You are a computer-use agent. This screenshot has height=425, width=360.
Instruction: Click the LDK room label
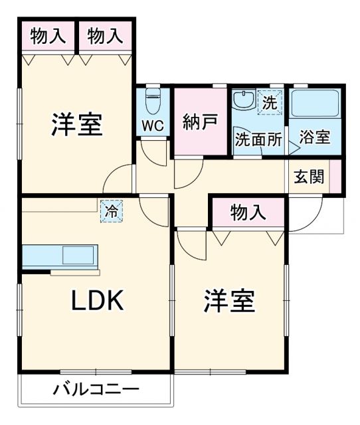(97, 302)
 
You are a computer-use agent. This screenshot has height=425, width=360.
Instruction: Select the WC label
(152, 126)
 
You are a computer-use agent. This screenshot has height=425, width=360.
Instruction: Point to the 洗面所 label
(258, 140)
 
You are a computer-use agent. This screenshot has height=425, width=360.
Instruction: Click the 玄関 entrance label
(309, 177)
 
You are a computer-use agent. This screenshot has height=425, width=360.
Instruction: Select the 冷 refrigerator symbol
(112, 212)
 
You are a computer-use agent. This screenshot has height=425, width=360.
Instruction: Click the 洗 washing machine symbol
(269, 103)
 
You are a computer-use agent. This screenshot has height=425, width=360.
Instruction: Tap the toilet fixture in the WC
(152, 102)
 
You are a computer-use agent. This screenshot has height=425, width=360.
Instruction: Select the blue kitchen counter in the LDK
(60, 256)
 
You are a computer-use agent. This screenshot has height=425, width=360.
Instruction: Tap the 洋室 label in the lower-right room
(229, 302)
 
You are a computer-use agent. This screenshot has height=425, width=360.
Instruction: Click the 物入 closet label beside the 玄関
(248, 213)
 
